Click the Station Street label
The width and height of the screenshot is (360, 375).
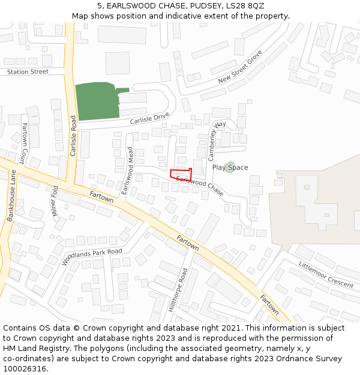point(28,72)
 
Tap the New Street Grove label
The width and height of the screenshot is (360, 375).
point(240,67)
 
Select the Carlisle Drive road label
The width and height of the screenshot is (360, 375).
point(149,119)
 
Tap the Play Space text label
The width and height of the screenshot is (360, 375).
point(230,168)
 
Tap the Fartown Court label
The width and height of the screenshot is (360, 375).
point(23,145)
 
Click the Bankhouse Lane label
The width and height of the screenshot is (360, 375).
point(11,196)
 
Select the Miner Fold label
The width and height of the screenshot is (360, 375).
point(55,201)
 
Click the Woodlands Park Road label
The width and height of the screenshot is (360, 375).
point(92,257)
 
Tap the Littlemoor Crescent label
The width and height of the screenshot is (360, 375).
point(326,274)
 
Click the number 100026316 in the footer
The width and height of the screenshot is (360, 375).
point(25,369)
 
